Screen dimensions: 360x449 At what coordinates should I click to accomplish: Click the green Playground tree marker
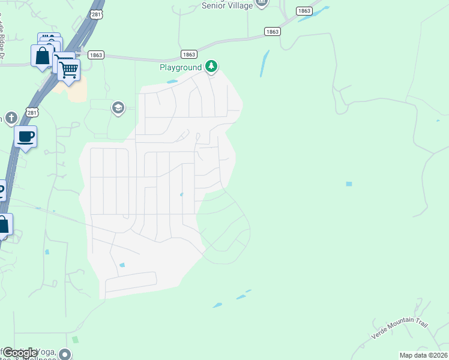click(x=211, y=66)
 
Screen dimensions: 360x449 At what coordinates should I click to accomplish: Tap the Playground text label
click(x=180, y=67)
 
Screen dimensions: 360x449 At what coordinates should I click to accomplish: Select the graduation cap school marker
click(x=118, y=107)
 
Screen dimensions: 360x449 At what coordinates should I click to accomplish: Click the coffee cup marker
click(x=25, y=137)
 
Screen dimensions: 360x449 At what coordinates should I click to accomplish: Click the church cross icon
click(x=10, y=118)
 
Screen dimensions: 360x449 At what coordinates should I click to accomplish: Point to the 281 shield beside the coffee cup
click(x=32, y=112)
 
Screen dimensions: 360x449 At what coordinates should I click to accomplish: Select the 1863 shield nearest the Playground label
click(x=188, y=54)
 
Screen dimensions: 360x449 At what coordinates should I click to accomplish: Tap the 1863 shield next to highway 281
click(x=95, y=55)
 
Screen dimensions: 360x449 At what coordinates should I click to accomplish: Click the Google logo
click(x=20, y=353)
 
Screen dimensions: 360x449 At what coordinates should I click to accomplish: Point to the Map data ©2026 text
click(x=423, y=355)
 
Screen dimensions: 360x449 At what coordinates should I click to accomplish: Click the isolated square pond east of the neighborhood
click(x=349, y=184)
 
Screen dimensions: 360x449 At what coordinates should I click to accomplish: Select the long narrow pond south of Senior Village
click(x=264, y=64)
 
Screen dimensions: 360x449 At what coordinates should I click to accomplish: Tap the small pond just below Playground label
click(x=172, y=82)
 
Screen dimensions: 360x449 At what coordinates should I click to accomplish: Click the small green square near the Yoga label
click(x=75, y=340)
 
